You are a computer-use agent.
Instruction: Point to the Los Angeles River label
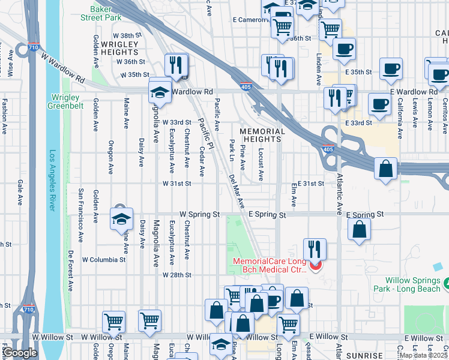(53, 180)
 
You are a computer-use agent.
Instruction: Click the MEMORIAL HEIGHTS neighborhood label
(262, 135)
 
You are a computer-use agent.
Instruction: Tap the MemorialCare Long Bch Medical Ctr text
(270, 265)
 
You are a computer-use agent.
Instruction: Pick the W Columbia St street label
(103, 260)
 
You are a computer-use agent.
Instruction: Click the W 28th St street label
(177, 275)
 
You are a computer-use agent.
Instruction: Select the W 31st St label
(177, 184)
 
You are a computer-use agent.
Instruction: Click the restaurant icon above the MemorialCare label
(315, 248)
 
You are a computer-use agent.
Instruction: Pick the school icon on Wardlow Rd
(160, 92)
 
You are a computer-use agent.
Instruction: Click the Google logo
(20, 353)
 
